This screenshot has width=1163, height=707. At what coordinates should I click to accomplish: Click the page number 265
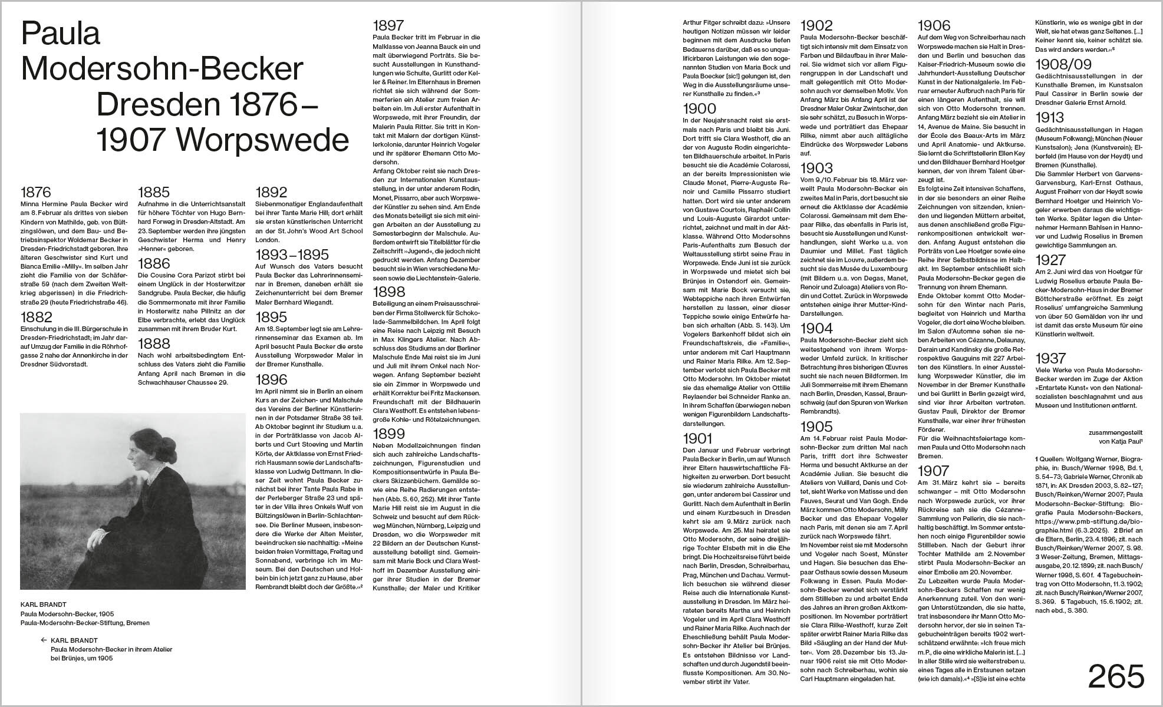pyautogui.click(x=1115, y=677)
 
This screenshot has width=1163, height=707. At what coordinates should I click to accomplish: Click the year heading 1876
pyautogui.click(x=36, y=192)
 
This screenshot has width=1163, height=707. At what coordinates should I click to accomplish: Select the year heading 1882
pyautogui.click(x=37, y=317)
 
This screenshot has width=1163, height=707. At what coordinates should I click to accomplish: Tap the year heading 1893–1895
pyautogui.click(x=292, y=255)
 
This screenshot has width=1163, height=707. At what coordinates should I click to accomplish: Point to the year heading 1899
pyautogui.click(x=388, y=434)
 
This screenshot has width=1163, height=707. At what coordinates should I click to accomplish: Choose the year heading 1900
pyautogui.click(x=699, y=108)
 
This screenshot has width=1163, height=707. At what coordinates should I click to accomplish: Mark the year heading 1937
pyautogui.click(x=1051, y=358)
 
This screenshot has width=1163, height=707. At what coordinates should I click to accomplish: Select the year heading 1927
pyautogui.click(x=1051, y=260)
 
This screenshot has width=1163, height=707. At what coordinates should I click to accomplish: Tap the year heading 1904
pyautogui.click(x=816, y=328)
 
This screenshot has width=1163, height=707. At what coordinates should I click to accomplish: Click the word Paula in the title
pyautogui.click(x=61, y=34)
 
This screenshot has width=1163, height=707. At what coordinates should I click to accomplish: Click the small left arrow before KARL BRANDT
pyautogui.click(x=44, y=640)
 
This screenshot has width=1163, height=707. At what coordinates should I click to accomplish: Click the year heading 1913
pyautogui.click(x=1051, y=117)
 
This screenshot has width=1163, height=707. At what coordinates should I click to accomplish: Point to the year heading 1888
pyautogui.click(x=154, y=343)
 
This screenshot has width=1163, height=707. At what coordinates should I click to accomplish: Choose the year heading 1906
pyautogui.click(x=934, y=25)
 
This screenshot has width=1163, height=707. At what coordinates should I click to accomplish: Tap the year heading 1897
pyautogui.click(x=388, y=25)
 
